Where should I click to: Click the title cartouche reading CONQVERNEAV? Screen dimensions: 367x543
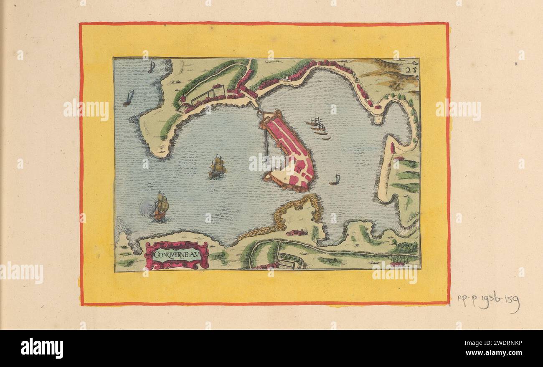coord(176,255)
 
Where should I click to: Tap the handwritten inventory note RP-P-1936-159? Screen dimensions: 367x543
coord(488,301)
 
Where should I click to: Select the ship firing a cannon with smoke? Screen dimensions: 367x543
coord(160,206)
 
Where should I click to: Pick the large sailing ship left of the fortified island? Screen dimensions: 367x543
coord(217,167)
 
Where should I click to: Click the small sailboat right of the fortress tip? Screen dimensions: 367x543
coord(335,180)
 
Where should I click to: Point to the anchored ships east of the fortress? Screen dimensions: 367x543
coord(318,126)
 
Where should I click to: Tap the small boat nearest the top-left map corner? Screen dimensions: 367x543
coord(152,67)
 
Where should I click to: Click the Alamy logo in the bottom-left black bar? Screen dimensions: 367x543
coord(42,348)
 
